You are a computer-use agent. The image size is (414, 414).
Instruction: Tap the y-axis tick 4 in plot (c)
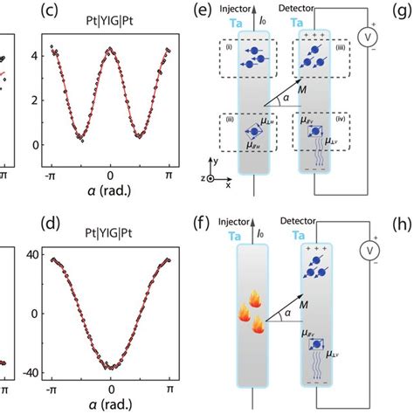pyautogui.click(x=34, y=54)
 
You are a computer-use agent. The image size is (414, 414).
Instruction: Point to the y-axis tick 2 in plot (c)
pyautogui.click(x=34, y=97)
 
